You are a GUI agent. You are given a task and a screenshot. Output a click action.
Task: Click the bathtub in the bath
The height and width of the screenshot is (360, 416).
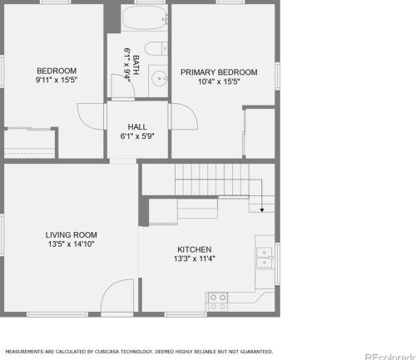pos(145,17)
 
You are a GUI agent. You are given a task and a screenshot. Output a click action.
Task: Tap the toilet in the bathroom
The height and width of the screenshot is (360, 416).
pos(156,49)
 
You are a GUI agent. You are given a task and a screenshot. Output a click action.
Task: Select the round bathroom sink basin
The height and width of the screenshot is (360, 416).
pos(159,79)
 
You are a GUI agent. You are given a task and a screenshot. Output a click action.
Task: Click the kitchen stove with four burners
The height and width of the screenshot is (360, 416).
pos(218,302)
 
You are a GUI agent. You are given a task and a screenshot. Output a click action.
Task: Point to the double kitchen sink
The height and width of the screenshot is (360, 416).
pos(265,258)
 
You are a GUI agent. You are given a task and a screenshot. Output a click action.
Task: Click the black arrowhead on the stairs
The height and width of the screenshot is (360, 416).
pos(262,210)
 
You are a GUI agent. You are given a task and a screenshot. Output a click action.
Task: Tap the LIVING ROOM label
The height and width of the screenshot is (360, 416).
pos(72,235)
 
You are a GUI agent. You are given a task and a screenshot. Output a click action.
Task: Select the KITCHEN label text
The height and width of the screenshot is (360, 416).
pos(195,249)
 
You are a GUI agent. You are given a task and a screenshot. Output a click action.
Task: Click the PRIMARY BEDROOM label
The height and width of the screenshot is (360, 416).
pos(219,72)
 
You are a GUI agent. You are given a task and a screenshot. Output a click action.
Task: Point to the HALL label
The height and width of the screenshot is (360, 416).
pos(137,127)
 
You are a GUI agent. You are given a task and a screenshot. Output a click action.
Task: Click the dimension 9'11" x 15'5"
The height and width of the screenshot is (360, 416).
pos(57,80)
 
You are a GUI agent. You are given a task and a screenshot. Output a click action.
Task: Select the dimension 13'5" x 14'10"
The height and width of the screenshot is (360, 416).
pos(72,244)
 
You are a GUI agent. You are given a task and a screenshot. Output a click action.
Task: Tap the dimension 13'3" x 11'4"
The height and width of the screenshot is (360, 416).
pos(195,259)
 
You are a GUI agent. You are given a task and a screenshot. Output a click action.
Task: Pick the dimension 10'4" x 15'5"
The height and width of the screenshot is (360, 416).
pos(219,81)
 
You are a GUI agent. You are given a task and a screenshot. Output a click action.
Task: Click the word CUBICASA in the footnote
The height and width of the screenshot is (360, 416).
pos(107,352)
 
